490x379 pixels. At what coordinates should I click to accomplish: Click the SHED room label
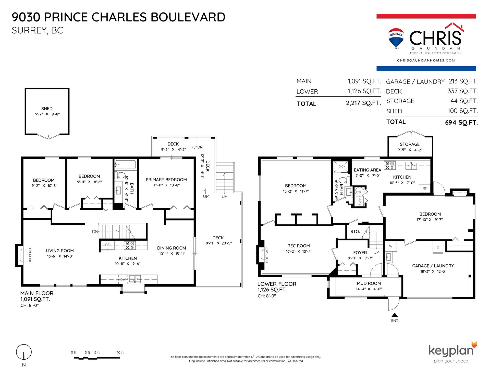click(x=47, y=109)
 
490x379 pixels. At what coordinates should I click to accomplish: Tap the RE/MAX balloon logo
click(x=396, y=38)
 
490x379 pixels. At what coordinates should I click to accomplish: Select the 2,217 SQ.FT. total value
click(x=363, y=103)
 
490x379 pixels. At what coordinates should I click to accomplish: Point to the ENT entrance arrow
click(x=395, y=315)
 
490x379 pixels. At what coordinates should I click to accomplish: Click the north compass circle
click(x=24, y=352)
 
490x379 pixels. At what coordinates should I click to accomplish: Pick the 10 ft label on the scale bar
click(x=120, y=352)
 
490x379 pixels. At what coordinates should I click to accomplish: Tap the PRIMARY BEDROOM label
click(x=166, y=180)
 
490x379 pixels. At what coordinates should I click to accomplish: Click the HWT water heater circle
click(x=359, y=192)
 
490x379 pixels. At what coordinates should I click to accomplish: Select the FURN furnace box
click(x=360, y=201)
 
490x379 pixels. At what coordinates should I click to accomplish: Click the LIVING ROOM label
click(x=60, y=251)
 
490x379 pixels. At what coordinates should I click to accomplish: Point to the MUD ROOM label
click(x=369, y=283)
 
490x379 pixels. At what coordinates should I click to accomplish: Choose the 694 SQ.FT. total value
click(x=461, y=123)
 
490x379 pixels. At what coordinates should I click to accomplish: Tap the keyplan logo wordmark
click(x=451, y=350)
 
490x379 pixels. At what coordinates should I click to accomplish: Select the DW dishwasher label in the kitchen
click(x=123, y=279)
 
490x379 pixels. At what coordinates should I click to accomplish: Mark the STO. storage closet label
click(x=355, y=232)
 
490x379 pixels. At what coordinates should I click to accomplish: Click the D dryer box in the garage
click(x=438, y=247)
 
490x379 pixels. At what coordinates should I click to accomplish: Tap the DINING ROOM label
click(x=171, y=248)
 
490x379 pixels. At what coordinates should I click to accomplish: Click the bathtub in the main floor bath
click(x=125, y=165)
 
